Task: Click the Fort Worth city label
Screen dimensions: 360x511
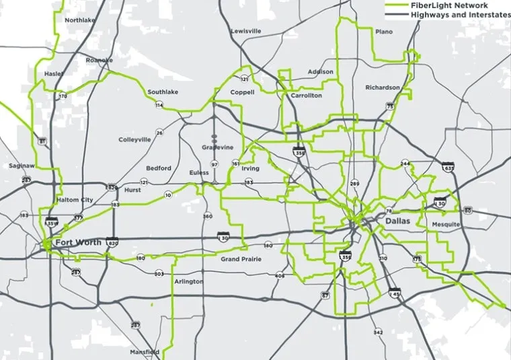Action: [78, 242]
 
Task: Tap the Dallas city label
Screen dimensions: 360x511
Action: [397, 221]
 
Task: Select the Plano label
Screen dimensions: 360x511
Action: [384, 32]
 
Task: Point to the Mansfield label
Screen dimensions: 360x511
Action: [145, 352]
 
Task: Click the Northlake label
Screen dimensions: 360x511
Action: [79, 20]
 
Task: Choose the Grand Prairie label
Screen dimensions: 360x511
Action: [240, 259]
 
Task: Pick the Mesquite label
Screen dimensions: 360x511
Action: [446, 224]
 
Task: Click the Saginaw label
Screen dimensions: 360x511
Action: [22, 166]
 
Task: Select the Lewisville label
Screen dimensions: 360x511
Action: [245, 31]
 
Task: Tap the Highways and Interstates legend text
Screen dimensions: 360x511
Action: [460, 14]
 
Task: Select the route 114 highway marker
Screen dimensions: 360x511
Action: [159, 106]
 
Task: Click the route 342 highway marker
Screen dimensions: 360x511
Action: [378, 332]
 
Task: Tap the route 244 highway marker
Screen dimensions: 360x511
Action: [405, 164]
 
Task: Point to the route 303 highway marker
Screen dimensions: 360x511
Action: [159, 274]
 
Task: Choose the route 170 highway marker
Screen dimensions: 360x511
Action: [63, 96]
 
